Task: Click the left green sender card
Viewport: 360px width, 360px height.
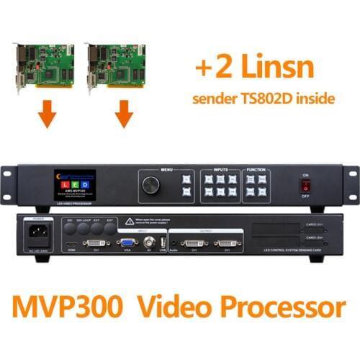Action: click(44, 68)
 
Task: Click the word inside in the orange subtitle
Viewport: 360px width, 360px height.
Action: click(315, 98)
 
